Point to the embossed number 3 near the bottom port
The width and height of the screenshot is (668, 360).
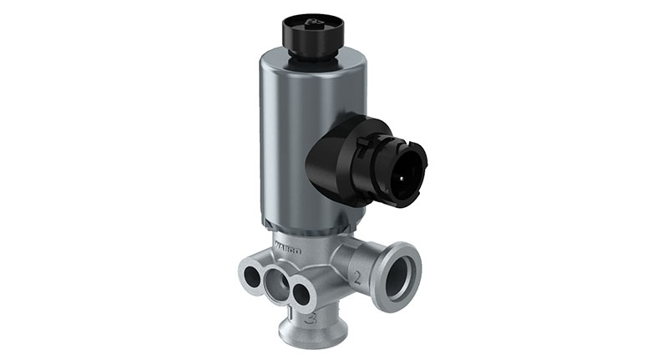311,318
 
